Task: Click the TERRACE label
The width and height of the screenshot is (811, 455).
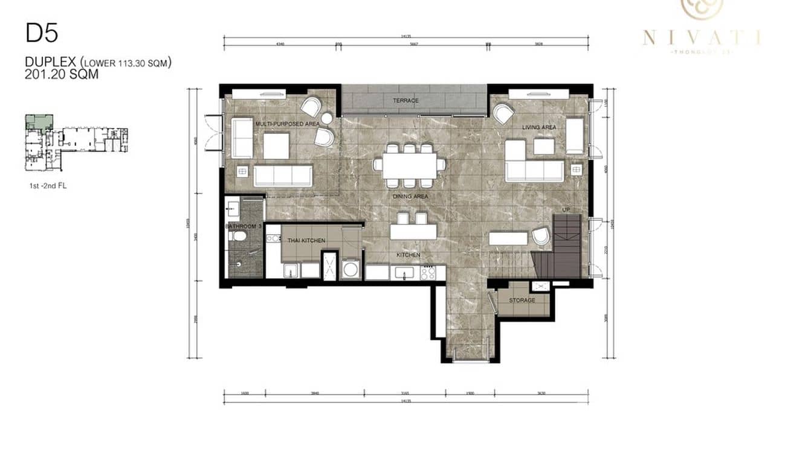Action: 405,101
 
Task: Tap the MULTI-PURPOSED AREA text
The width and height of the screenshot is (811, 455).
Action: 287,124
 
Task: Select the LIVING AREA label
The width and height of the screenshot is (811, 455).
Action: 539,127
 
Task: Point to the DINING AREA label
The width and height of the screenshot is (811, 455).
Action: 411,197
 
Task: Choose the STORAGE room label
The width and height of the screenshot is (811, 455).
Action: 522,300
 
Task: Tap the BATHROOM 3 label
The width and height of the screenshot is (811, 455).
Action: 243,226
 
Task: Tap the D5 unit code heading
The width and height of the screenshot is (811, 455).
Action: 42,33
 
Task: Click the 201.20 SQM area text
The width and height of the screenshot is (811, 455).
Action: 62,74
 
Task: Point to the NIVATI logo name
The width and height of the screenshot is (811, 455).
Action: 701,38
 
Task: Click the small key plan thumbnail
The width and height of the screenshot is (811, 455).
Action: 76,142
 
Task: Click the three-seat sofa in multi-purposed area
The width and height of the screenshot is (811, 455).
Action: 283,176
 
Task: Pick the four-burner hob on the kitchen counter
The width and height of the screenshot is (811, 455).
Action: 428,272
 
